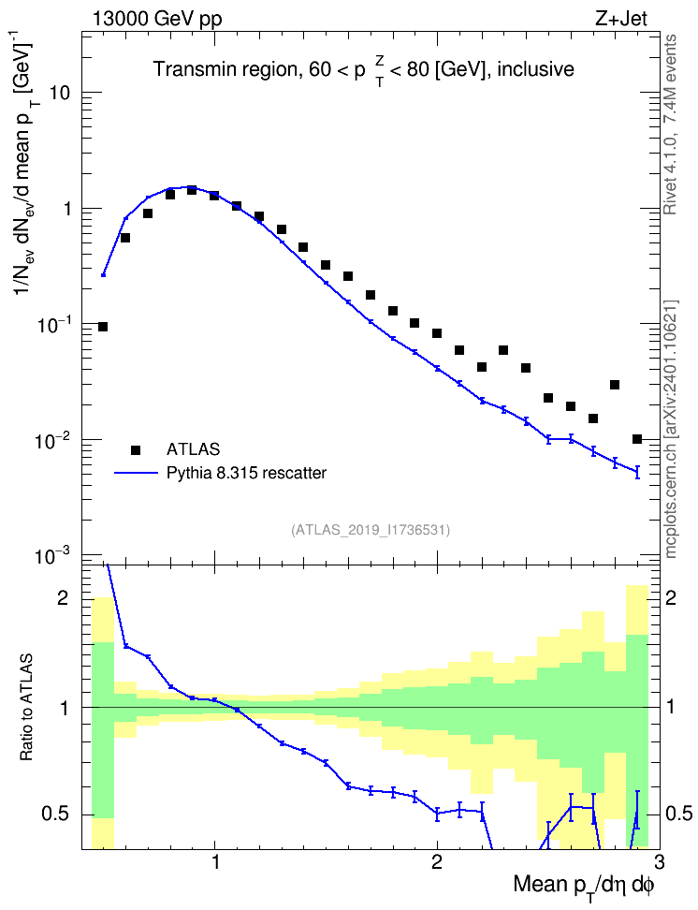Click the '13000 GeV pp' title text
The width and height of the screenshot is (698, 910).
point(156,19)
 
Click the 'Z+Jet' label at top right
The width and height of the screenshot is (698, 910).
point(620,19)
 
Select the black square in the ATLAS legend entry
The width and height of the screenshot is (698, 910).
point(136,449)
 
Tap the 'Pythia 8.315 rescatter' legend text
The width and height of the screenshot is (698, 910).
point(247,473)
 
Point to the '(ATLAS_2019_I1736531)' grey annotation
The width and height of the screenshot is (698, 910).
point(371,530)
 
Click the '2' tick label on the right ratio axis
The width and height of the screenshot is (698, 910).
point(671,598)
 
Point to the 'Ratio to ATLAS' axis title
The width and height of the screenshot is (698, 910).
point(26,708)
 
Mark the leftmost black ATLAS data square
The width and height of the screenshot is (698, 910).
point(103,327)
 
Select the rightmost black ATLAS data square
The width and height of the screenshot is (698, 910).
point(637,439)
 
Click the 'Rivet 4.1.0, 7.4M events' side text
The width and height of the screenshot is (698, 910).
point(671,125)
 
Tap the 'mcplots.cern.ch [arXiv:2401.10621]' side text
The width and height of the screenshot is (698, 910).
point(671,430)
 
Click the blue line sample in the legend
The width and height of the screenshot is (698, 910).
point(136,474)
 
